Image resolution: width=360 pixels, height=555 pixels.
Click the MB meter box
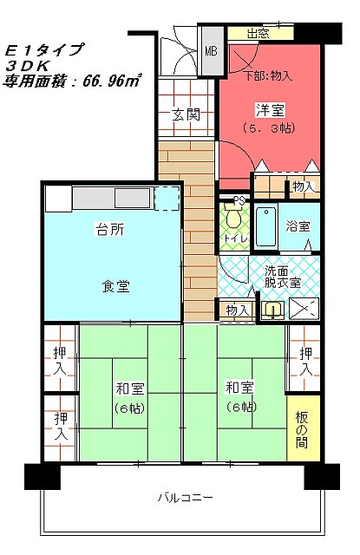tap(212, 52)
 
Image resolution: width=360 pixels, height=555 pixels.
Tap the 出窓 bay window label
tap(258, 34)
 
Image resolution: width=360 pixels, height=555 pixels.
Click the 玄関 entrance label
tap(187, 114)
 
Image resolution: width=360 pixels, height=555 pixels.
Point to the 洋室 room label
tap(270, 110)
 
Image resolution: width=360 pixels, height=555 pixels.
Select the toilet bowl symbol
tap(232, 216)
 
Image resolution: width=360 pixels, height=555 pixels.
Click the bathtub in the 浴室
tap(265, 226)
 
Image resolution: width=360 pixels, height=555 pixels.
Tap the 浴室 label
tap(298, 225)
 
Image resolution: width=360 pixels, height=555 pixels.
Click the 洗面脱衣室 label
tap(283, 277)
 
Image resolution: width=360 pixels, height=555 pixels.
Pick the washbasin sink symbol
tap(272, 310)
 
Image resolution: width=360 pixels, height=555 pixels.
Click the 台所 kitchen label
tap(109, 229)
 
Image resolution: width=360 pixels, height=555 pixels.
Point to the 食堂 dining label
tap(115, 286)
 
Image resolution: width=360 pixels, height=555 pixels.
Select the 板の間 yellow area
tap(303, 428)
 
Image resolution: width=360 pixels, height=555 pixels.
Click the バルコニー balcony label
tap(185, 498)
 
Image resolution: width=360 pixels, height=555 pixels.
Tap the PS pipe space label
tap(239, 201)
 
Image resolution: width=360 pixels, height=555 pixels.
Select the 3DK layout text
tap(27, 66)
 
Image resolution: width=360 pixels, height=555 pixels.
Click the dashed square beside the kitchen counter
tap(167, 199)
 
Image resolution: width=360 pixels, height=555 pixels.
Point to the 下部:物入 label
tap(270, 75)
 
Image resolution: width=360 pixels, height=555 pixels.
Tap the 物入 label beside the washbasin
tap(237, 310)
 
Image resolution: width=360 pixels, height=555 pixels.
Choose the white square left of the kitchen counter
tap(58, 199)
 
